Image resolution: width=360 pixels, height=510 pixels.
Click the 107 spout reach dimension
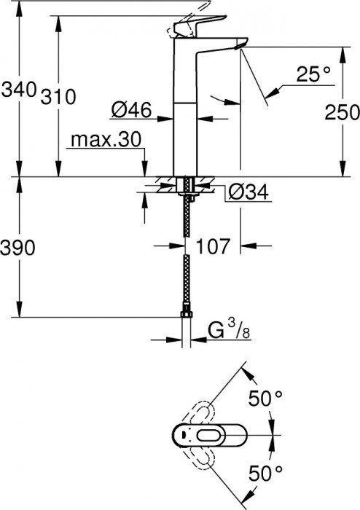[214, 246]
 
